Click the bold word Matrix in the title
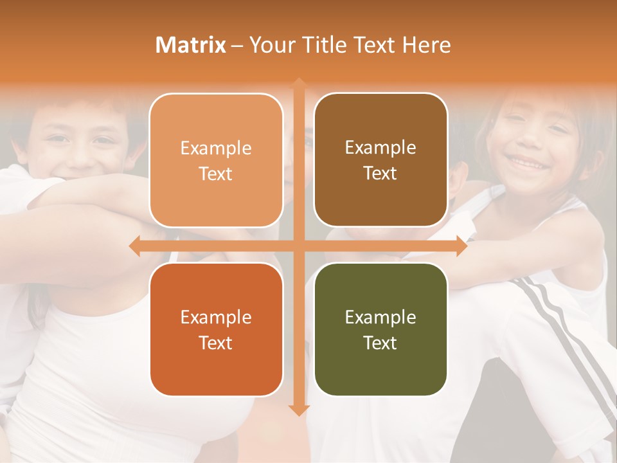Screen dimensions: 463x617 point(191,45)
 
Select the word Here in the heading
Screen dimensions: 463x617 point(427,45)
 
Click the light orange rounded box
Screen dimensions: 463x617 point(216,161)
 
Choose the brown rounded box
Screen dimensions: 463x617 point(380,161)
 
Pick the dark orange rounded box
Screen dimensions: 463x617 point(216,330)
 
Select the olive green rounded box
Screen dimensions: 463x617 point(380,330)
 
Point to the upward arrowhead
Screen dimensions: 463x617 point(299,84)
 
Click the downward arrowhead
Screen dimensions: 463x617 point(299,410)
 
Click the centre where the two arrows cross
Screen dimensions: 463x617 point(299,246)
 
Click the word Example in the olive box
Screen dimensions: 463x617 point(380,317)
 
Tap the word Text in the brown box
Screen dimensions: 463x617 point(380,174)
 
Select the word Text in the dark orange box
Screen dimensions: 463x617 point(216,343)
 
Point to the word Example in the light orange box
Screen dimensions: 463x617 point(216,148)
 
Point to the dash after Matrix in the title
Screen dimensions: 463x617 point(237,46)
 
